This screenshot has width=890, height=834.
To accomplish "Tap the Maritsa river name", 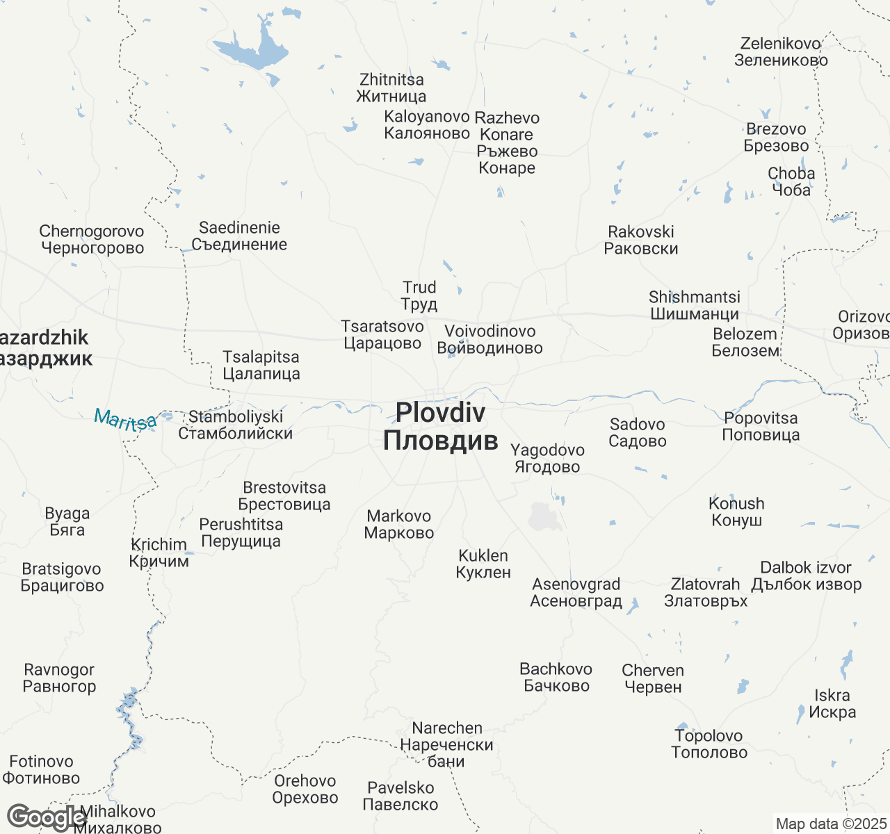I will tap(126, 419).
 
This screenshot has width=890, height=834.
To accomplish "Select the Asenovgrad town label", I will tap(576, 593).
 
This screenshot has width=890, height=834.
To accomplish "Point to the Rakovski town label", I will tap(641, 240).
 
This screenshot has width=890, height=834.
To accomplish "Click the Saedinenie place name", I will tap(239, 236).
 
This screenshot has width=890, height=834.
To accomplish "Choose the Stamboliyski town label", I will tap(236, 425).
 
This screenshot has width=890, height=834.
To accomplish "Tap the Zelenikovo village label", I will tap(781, 52).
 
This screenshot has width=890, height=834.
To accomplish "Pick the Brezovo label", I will tap(776, 138).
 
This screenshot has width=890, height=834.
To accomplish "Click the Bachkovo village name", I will tap(556, 678).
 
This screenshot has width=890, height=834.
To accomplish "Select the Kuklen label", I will tap(483, 564).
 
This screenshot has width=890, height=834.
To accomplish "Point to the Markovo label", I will tap(399, 525).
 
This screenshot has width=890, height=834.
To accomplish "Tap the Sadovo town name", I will tap(638, 432).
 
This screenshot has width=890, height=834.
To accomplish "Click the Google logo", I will tap(46, 818).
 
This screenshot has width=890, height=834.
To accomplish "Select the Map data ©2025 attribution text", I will tap(831, 824).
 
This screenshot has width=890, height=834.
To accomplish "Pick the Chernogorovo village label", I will tap(92, 240).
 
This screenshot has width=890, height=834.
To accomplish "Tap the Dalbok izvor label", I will tap(806, 576).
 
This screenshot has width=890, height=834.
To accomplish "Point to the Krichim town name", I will tap(159, 553).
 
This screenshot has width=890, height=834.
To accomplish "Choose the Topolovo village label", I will tap(709, 744).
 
